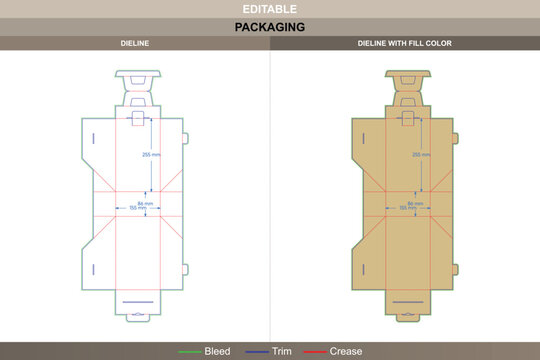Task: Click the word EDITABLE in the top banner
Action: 269,8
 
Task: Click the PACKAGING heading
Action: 269,27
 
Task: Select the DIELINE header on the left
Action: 134,44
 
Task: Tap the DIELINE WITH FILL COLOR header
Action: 404,44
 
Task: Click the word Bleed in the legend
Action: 217,352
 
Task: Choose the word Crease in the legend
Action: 346,352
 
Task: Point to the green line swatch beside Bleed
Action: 189,352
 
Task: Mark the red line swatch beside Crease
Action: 315,352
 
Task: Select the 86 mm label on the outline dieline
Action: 146,203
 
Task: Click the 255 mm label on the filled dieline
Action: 421,155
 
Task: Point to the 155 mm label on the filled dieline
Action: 407,208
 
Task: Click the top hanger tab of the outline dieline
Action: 136,77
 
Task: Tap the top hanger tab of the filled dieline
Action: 407,77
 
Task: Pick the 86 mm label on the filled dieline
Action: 417,203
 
